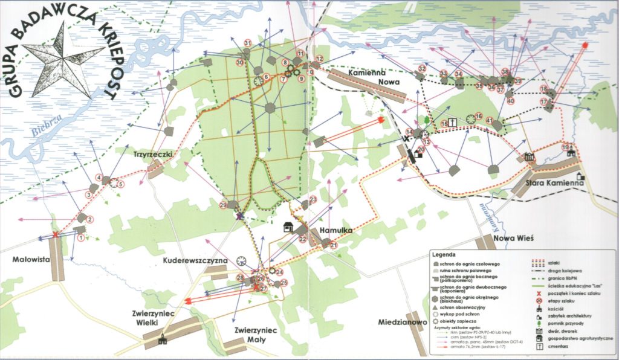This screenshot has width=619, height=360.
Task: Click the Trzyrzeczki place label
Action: pos(154,155)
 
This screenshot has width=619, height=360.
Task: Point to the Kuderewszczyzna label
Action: pos(194,260)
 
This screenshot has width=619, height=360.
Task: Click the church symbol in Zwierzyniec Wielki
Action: pos(161,341)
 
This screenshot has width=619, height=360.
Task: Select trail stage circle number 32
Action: pos(422,69)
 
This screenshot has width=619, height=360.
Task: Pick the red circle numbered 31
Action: pos(248,42)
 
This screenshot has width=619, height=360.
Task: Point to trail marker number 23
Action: pos(313,199)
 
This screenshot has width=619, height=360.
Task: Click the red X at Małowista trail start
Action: pos(55,234)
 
